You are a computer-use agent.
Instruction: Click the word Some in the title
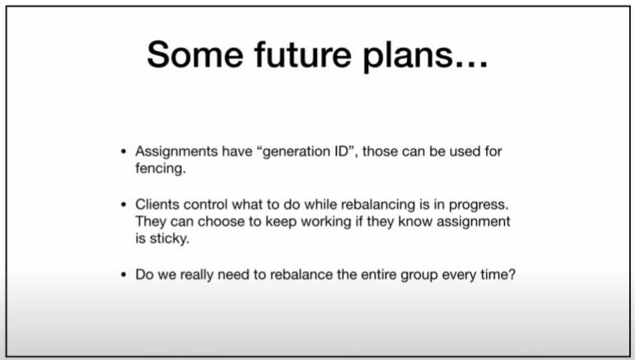click(195, 54)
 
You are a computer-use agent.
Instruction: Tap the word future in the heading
click(303, 54)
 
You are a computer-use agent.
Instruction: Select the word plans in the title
click(408, 56)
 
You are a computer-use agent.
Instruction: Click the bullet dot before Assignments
click(124, 152)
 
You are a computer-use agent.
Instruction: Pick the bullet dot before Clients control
click(124, 205)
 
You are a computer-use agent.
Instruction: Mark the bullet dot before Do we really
click(124, 275)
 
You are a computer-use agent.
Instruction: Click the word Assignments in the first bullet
click(176, 152)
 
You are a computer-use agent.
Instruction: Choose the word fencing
click(161, 168)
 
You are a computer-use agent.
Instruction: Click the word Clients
click(157, 204)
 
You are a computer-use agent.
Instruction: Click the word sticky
click(170, 239)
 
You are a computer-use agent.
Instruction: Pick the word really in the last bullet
click(196, 275)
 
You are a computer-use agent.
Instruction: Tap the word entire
click(379, 274)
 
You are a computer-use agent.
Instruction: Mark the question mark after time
click(512, 274)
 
